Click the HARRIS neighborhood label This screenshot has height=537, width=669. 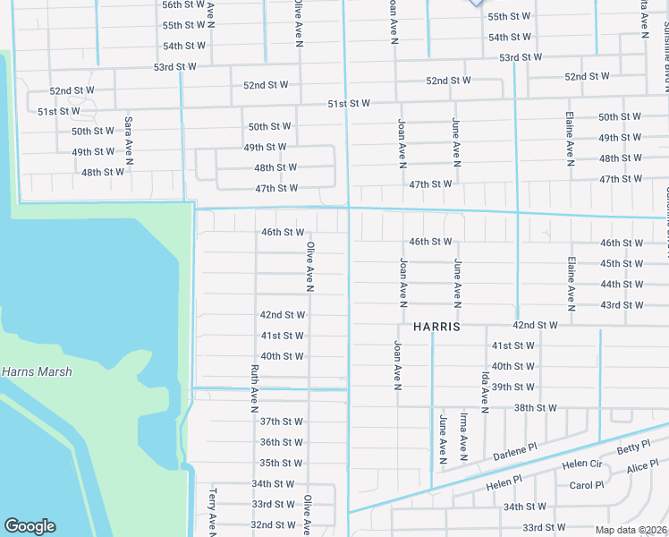click(436, 328)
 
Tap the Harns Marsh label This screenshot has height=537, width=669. click(37, 371)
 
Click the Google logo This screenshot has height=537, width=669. click(30, 526)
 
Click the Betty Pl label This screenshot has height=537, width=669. click(632, 447)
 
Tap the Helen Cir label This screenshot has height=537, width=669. click(582, 464)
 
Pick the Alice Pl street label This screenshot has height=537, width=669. click(642, 468)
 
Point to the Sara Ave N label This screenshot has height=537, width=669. click(129, 141)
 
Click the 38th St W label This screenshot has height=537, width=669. click(535, 408)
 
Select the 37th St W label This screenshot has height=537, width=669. click(281, 422)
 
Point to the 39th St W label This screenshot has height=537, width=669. click(513, 388)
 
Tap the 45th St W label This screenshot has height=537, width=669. click(622, 264)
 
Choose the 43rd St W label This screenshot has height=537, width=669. click(622, 305)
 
